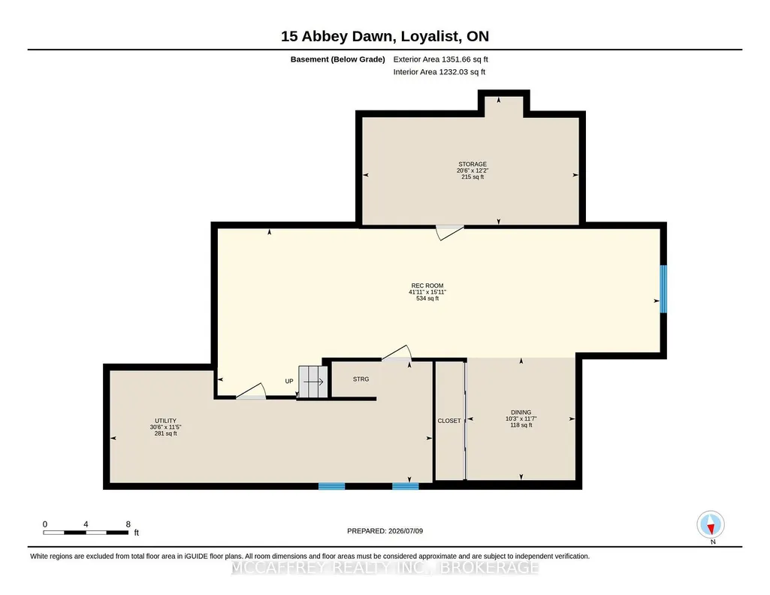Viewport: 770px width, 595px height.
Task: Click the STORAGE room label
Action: click(x=473, y=164)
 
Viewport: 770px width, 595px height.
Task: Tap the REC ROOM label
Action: click(x=427, y=285)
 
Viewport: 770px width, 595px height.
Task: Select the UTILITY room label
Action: click(x=165, y=421)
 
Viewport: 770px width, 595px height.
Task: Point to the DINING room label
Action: click(x=521, y=412)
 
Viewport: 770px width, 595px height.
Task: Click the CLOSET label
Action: click(x=449, y=421)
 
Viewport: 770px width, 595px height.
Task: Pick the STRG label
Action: click(x=361, y=379)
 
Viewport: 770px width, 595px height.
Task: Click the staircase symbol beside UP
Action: click(x=313, y=382)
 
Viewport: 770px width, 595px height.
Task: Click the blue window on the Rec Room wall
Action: click(x=663, y=288)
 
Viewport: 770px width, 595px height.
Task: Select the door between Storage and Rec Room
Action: click(x=450, y=232)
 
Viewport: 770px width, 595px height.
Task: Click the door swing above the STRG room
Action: click(x=397, y=353)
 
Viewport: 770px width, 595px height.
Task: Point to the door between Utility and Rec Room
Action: click(x=251, y=391)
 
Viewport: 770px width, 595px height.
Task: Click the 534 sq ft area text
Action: click(x=427, y=298)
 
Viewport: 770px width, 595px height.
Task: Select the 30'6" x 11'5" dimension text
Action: click(x=165, y=427)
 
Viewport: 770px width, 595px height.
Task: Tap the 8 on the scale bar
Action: click(x=128, y=524)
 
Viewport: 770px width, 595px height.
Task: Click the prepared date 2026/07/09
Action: click(x=406, y=530)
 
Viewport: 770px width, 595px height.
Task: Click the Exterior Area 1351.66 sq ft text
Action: click(x=440, y=59)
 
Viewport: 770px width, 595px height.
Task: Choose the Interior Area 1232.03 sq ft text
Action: click(x=439, y=71)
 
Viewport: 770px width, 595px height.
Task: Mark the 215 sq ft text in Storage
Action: click(x=473, y=177)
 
